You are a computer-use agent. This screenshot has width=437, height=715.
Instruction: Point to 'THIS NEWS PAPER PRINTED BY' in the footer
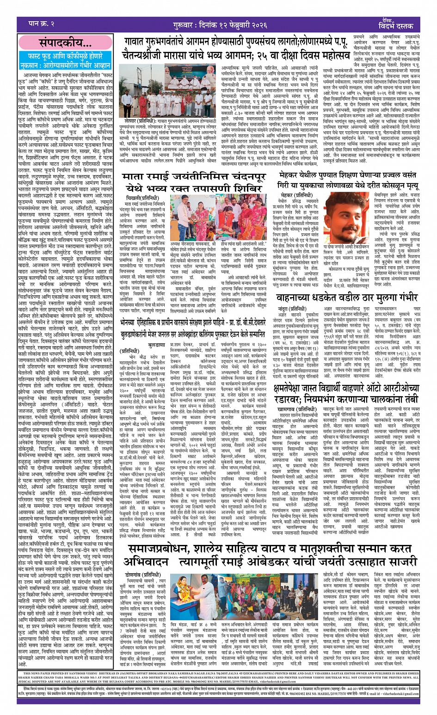point(49,687)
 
